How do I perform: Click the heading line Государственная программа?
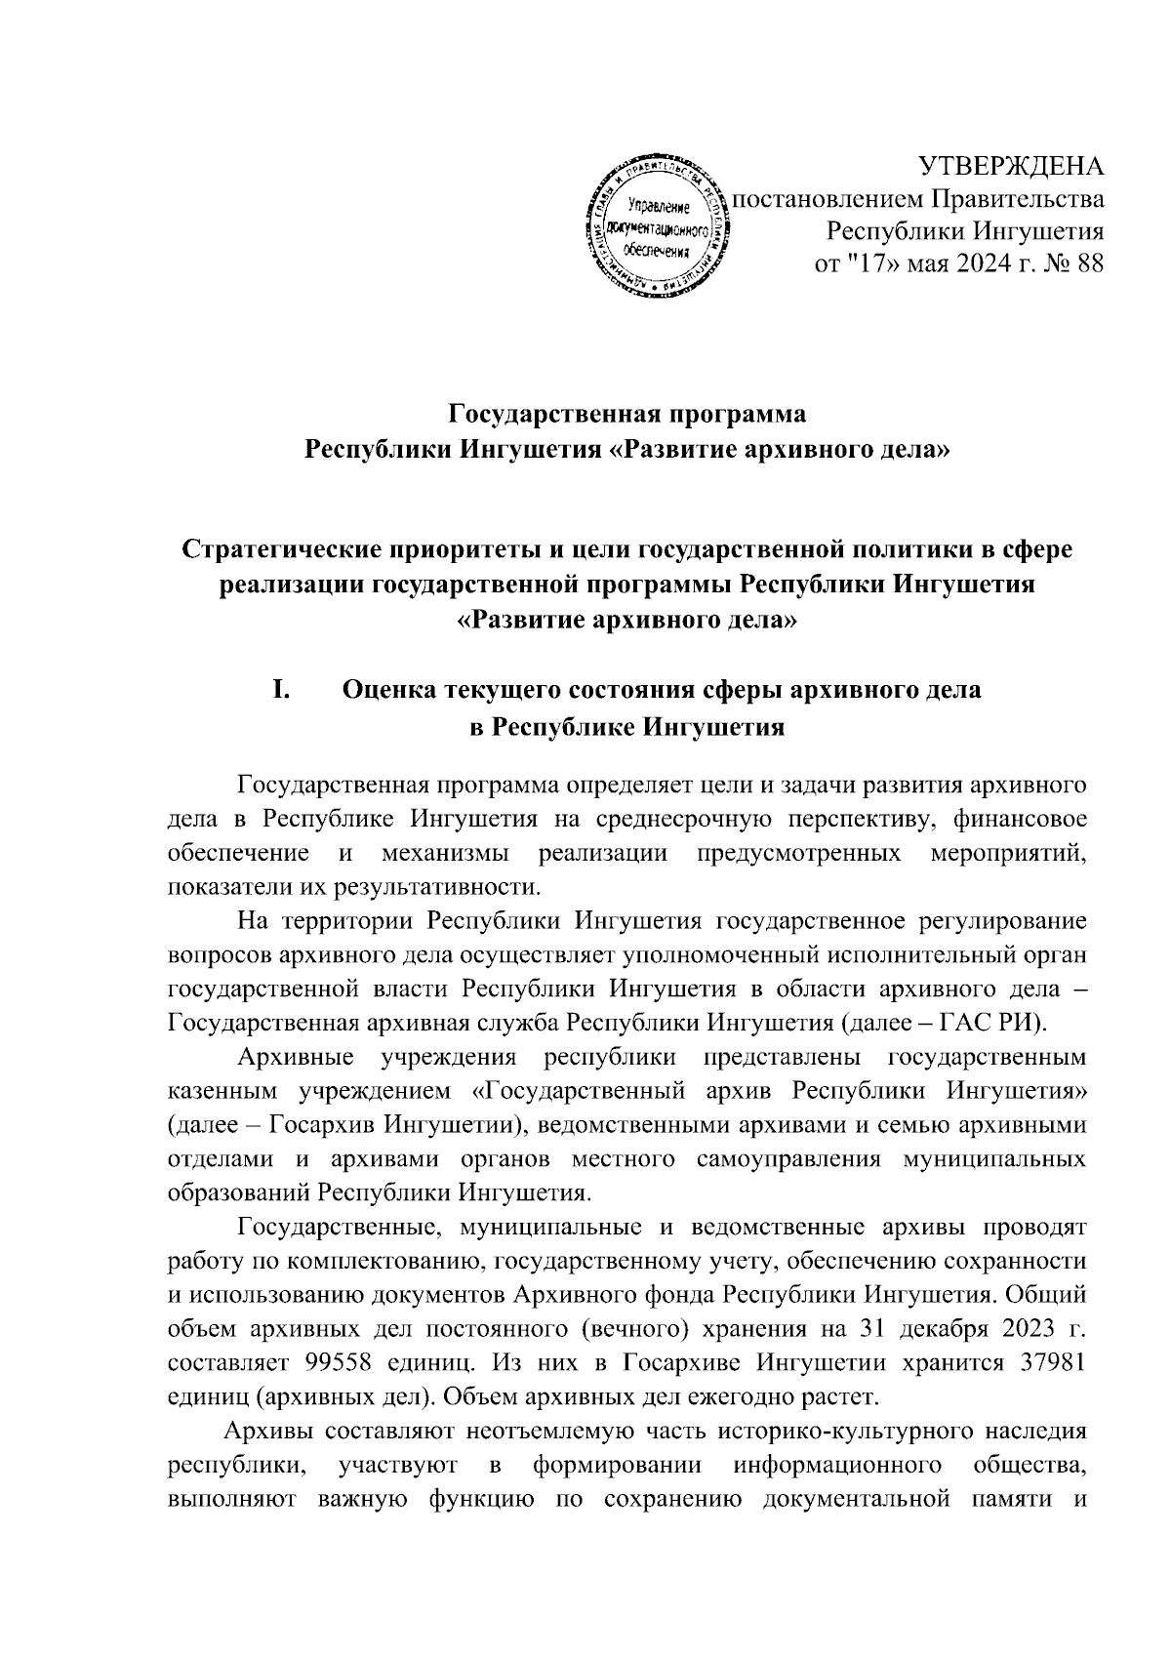[x=627, y=414]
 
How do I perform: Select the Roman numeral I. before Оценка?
[x=281, y=690]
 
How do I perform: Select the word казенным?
[x=216, y=1091]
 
